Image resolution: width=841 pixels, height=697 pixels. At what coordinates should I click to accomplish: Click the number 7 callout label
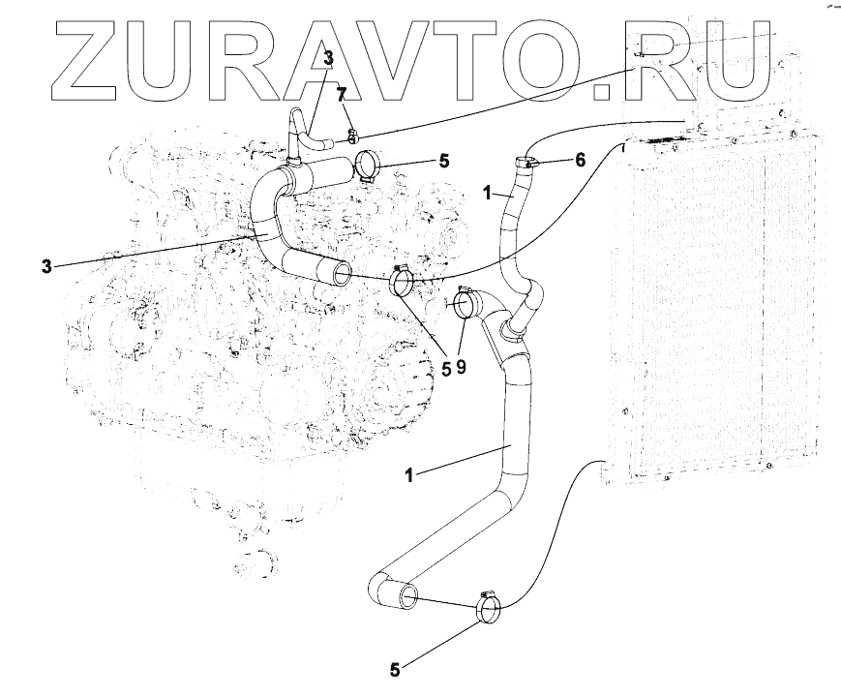tap(340, 93)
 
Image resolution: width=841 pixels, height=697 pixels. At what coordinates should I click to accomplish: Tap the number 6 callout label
tap(580, 159)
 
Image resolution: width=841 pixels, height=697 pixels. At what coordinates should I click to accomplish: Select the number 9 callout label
tap(463, 368)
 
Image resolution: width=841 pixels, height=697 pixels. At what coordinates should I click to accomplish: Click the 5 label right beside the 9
tap(446, 368)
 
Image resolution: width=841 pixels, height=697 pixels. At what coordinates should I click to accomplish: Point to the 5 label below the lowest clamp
tap(395, 668)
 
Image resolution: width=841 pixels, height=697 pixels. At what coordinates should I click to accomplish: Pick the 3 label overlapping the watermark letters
tap(328, 59)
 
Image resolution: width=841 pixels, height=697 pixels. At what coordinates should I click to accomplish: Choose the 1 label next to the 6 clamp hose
tap(490, 194)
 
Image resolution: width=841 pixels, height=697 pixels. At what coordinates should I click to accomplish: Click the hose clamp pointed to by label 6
tap(526, 164)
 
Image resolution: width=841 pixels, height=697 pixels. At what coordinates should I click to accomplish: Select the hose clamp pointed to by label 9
tap(463, 304)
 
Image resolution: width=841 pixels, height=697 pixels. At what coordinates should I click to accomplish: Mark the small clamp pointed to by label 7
tap(352, 137)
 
